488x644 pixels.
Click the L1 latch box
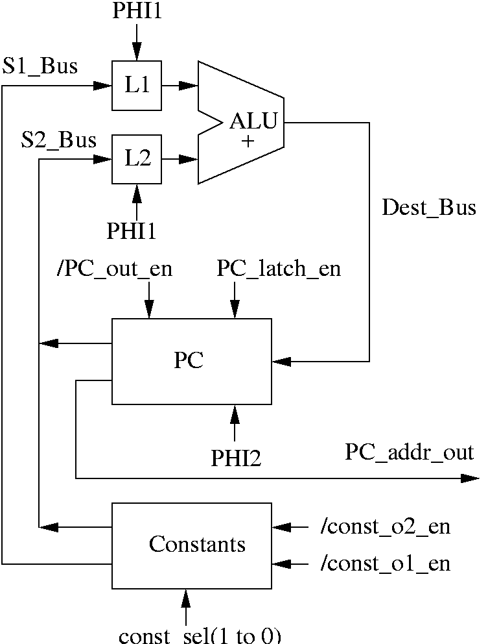[x=137, y=86]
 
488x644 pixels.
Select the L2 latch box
[x=137, y=159]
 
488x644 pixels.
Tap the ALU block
[x=243, y=122]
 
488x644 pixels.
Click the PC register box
[x=191, y=362]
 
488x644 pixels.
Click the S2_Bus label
[x=59, y=140]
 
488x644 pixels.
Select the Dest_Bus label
[x=429, y=208]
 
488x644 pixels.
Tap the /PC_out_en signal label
[x=115, y=269]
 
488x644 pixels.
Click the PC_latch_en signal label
[x=279, y=269]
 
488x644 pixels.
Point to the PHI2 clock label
[x=236, y=458]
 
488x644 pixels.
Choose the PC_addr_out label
[x=410, y=452]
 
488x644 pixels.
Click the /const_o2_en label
[x=385, y=527]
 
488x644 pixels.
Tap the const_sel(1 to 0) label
[x=200, y=636]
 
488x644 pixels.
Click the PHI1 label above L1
[x=137, y=12]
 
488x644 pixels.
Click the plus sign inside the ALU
[x=248, y=142]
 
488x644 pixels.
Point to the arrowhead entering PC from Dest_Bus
[x=282, y=361]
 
